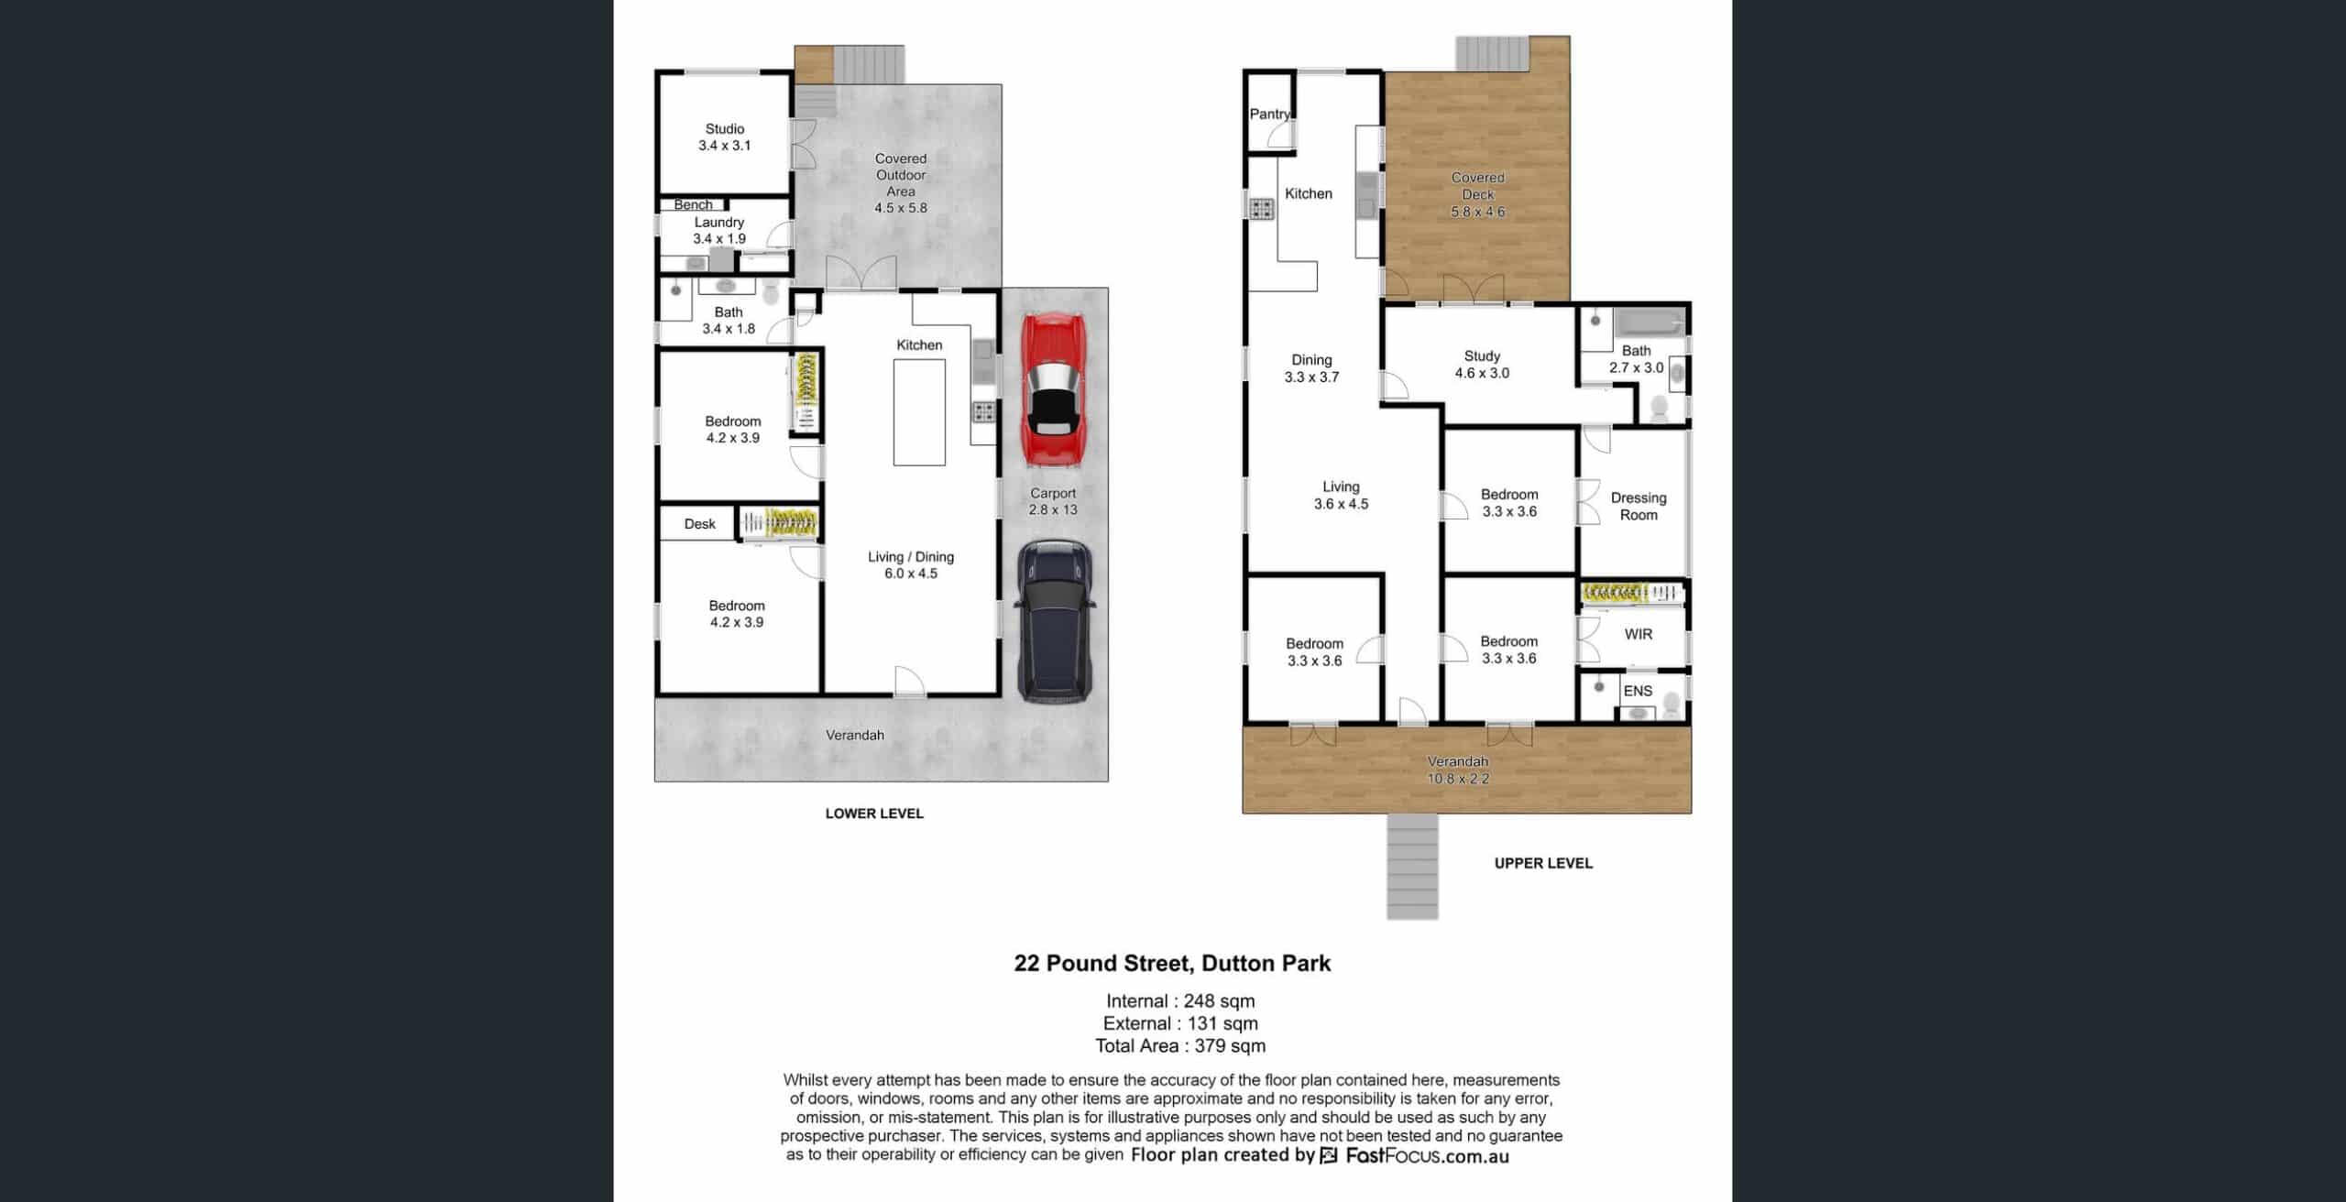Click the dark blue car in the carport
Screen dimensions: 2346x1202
pos(1055,621)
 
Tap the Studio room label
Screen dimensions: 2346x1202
pos(725,129)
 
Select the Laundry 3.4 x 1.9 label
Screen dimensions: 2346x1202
pos(719,230)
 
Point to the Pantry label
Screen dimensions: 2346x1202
pos(1270,114)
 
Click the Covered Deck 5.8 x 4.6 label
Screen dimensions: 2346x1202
pos(1478,194)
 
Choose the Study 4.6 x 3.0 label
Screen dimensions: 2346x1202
pos(1482,365)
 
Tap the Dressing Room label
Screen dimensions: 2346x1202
pos(1639,507)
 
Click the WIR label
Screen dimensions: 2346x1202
pos(1639,634)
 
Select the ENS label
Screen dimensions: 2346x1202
pos(1638,691)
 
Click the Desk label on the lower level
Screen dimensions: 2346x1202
pos(699,524)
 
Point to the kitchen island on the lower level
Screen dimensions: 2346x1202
pos(919,412)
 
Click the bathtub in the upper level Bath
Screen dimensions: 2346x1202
pos(1650,322)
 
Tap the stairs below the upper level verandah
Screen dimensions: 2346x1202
pos(1412,866)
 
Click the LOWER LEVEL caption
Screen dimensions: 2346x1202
pos(874,814)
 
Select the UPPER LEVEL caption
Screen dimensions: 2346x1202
pos(1543,863)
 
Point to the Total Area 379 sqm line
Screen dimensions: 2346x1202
pos(1180,1045)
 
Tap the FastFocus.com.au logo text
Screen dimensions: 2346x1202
pos(1427,1155)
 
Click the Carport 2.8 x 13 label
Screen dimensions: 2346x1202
pos(1053,501)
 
